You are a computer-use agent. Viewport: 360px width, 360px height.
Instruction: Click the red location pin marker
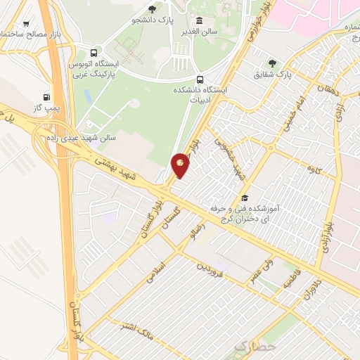(181, 165)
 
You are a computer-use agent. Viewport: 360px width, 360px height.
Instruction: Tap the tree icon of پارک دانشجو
(153, 8)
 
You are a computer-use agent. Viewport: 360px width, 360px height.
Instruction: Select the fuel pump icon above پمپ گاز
(47, 97)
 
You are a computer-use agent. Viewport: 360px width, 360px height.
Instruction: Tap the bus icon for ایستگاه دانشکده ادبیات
(200, 79)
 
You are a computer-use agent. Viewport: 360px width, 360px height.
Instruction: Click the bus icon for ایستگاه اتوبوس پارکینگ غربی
(94, 52)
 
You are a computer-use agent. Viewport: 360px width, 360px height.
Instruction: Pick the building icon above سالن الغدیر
(200, 20)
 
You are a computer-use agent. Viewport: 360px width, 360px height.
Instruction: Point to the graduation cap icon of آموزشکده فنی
(245, 198)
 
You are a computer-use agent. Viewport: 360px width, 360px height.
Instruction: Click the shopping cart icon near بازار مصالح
(27, 23)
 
